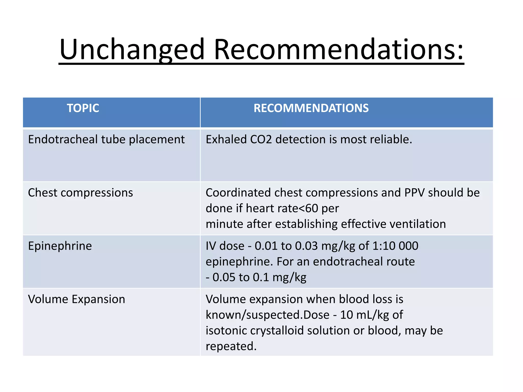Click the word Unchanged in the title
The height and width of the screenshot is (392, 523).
(132, 50)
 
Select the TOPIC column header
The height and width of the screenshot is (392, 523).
(83, 108)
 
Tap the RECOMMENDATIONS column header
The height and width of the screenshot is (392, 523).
(311, 108)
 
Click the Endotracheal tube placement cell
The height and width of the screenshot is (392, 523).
(106, 140)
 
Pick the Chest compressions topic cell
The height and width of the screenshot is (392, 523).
(80, 193)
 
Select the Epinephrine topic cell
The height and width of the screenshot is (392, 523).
(60, 246)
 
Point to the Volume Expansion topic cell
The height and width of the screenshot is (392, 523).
(77, 299)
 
